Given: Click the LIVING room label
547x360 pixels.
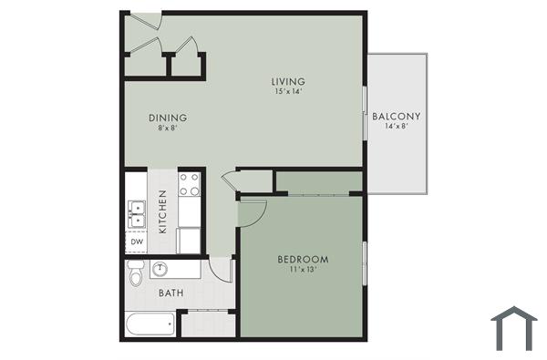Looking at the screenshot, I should coord(287,81).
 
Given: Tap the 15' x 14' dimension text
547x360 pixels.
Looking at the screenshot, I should coord(287,91).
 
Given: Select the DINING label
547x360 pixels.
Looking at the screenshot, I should coord(168,118).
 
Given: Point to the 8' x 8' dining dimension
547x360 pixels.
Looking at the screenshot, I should coord(168,129).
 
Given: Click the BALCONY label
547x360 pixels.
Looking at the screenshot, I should coord(396,117).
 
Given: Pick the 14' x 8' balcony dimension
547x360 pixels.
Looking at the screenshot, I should coord(396,128).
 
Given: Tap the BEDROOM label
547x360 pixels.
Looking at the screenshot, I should coord(303,260).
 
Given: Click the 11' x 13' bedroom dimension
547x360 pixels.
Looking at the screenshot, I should coord(303,271).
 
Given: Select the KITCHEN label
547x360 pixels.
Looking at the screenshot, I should coord(162,211).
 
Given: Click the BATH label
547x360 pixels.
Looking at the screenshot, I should coord(171,293).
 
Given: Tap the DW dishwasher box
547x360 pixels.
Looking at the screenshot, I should coord(136,242).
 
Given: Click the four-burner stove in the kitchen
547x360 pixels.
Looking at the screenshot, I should coord(190,185).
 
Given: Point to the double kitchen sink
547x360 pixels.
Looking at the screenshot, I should coord(137,213).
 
